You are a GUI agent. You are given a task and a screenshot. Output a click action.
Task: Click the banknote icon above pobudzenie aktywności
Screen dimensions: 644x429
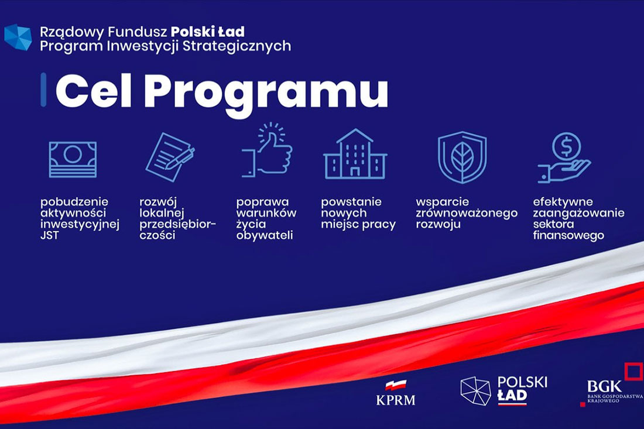pyautogui.click(x=73, y=159)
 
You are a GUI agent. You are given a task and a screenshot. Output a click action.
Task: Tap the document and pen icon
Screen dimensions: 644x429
pyautogui.click(x=170, y=157)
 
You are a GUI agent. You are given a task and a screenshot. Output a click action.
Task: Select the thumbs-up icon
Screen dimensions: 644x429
pyautogui.click(x=267, y=150)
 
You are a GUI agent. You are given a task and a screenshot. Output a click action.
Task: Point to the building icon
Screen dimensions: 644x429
pyautogui.click(x=355, y=154)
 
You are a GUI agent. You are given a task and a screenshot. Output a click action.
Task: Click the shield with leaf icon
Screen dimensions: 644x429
pyautogui.click(x=462, y=157)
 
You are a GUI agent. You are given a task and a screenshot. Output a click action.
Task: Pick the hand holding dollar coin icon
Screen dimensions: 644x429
pyautogui.click(x=565, y=157)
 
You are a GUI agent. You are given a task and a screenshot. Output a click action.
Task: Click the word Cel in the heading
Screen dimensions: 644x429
pyautogui.click(x=93, y=91)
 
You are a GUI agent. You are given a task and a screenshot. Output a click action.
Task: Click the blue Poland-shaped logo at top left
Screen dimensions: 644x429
pyautogui.click(x=18, y=37)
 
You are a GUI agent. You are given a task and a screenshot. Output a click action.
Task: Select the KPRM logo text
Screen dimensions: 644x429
pyautogui.click(x=396, y=400)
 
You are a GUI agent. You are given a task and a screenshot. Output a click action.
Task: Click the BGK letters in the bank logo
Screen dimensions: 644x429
pyautogui.click(x=604, y=386)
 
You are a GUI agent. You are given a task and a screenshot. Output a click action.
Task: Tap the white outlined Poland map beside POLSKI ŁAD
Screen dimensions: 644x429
pyautogui.click(x=475, y=390)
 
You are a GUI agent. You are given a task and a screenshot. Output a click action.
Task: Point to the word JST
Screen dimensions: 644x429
pyautogui.click(x=50, y=235)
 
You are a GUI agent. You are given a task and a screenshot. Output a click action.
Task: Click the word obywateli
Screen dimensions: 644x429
pyautogui.click(x=265, y=235)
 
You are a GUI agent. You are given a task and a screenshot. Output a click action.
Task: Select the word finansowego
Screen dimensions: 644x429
pyautogui.click(x=568, y=236)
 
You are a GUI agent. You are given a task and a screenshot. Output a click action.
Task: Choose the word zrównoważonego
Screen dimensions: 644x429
pyautogui.click(x=467, y=214)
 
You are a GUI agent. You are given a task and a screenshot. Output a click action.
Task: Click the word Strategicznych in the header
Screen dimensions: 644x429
pyautogui.click(x=237, y=46)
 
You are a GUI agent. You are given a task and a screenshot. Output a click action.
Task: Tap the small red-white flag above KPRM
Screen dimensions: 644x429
pyautogui.click(x=396, y=385)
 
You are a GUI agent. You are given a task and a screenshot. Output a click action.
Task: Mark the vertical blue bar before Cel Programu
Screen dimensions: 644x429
pyautogui.click(x=43, y=90)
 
